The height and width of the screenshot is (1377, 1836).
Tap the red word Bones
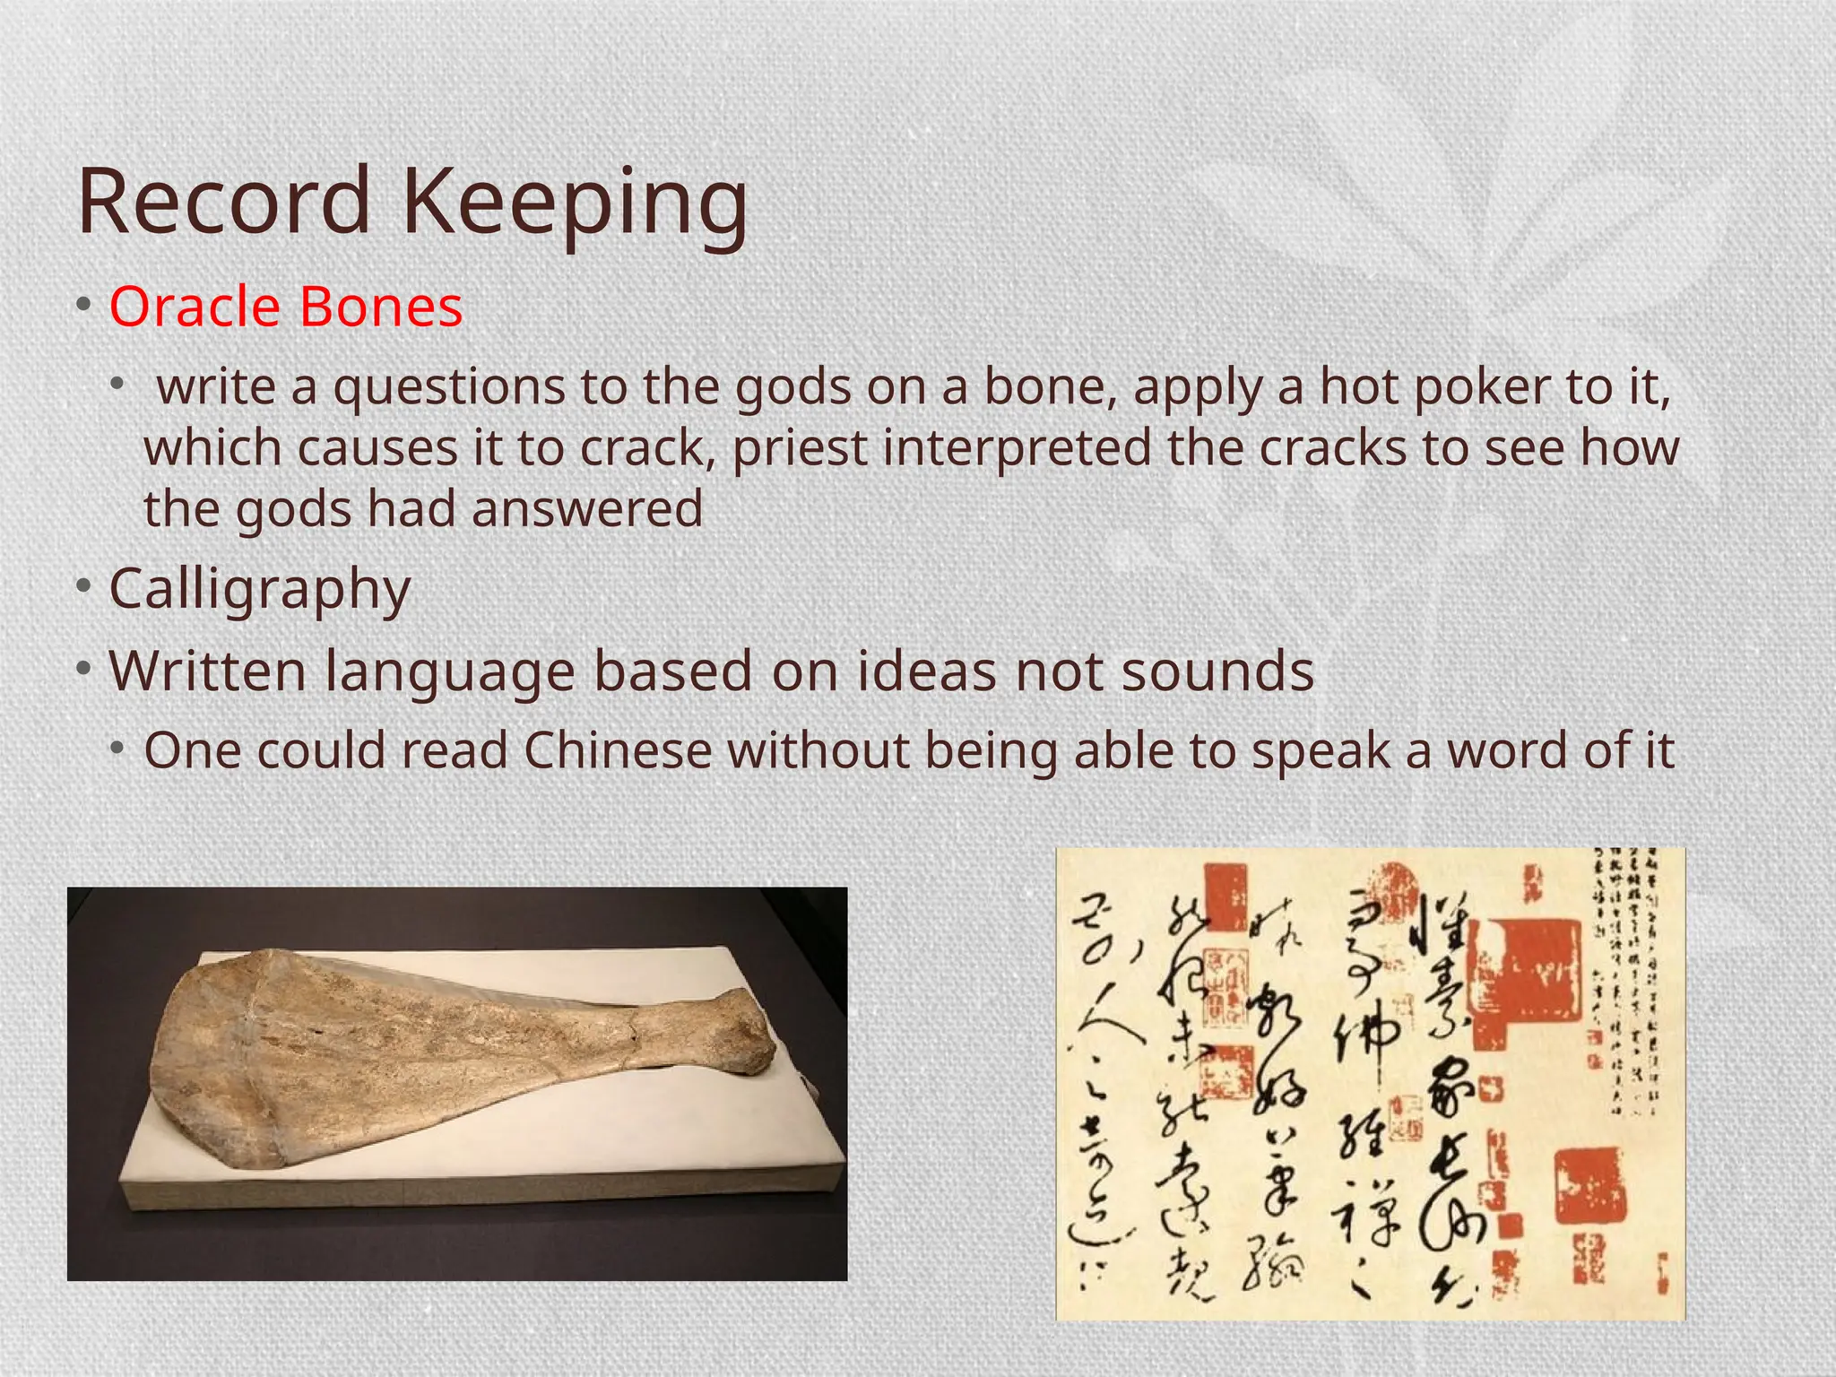pos(381,307)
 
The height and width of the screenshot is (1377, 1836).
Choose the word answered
pos(587,508)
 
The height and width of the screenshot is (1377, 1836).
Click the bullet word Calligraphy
pos(260,589)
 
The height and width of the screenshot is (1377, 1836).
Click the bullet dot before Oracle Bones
pos(83,306)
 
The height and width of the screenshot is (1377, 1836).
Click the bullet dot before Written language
pos(83,670)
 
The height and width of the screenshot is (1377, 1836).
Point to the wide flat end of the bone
pos(215,1058)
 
